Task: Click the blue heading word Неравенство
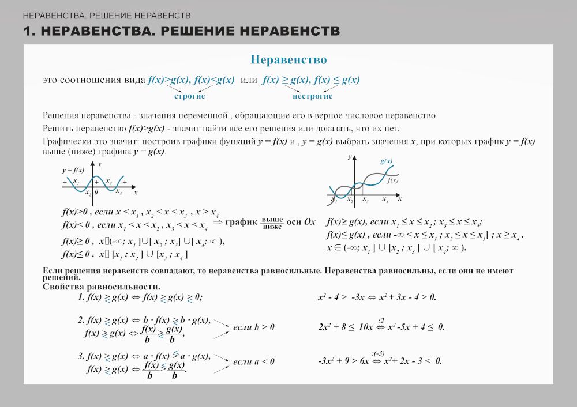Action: pyautogui.click(x=288, y=60)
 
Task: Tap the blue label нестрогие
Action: pyautogui.click(x=312, y=96)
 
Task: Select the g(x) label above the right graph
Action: pyautogui.click(x=386, y=161)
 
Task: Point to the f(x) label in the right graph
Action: pyautogui.click(x=392, y=180)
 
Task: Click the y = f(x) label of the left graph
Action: pyautogui.click(x=73, y=170)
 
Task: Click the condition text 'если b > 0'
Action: pyautogui.click(x=253, y=327)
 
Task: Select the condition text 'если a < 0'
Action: pyautogui.click(x=253, y=362)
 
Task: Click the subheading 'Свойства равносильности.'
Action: pyautogui.click(x=102, y=287)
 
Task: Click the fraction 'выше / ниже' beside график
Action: pyautogui.click(x=272, y=223)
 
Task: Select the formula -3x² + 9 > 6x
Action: pyautogui.click(x=343, y=361)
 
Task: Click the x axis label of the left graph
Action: pyautogui.click(x=136, y=192)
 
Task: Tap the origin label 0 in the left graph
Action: pyautogui.click(x=96, y=193)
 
